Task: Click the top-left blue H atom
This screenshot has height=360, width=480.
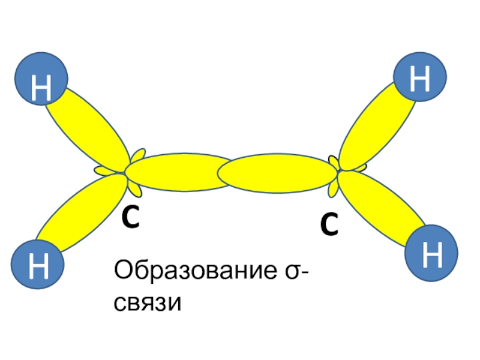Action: click(x=41, y=78)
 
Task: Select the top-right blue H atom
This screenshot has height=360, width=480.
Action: click(x=421, y=80)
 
